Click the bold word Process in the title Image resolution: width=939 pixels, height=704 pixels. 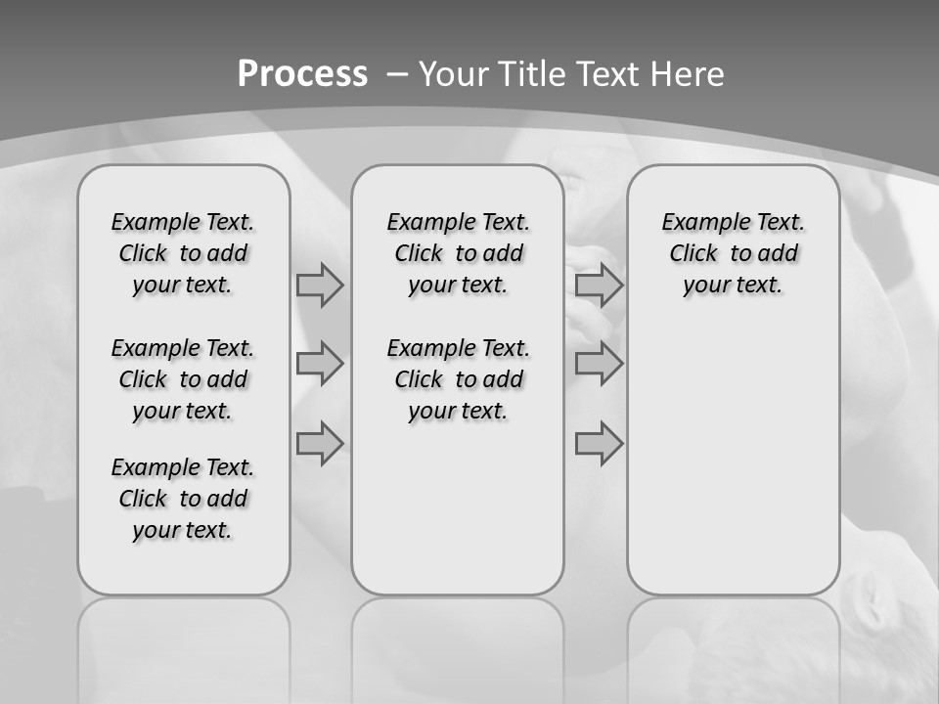[x=302, y=74]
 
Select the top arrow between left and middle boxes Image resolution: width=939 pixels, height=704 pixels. [x=320, y=285]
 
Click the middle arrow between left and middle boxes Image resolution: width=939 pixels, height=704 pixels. [x=320, y=364]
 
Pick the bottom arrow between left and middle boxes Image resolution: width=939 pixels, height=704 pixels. [x=320, y=444]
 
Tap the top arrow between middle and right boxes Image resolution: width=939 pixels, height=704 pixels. [x=599, y=285]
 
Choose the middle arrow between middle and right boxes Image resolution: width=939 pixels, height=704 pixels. [x=599, y=364]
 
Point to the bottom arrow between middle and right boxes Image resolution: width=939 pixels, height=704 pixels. [x=599, y=444]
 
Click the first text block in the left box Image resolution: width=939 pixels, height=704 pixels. [x=183, y=253]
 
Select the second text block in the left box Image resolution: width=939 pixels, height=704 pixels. [x=183, y=379]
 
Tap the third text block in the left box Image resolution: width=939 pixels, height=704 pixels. [x=183, y=499]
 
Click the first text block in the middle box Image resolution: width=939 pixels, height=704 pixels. [x=458, y=253]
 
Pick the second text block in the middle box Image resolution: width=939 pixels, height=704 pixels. [x=458, y=379]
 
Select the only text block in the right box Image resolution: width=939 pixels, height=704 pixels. [x=733, y=253]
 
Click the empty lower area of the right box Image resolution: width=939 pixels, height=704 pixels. [x=733, y=460]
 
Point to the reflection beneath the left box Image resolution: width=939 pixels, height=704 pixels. [x=184, y=645]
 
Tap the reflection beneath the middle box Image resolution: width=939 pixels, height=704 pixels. [x=458, y=645]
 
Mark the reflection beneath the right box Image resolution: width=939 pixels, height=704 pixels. [x=733, y=645]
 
